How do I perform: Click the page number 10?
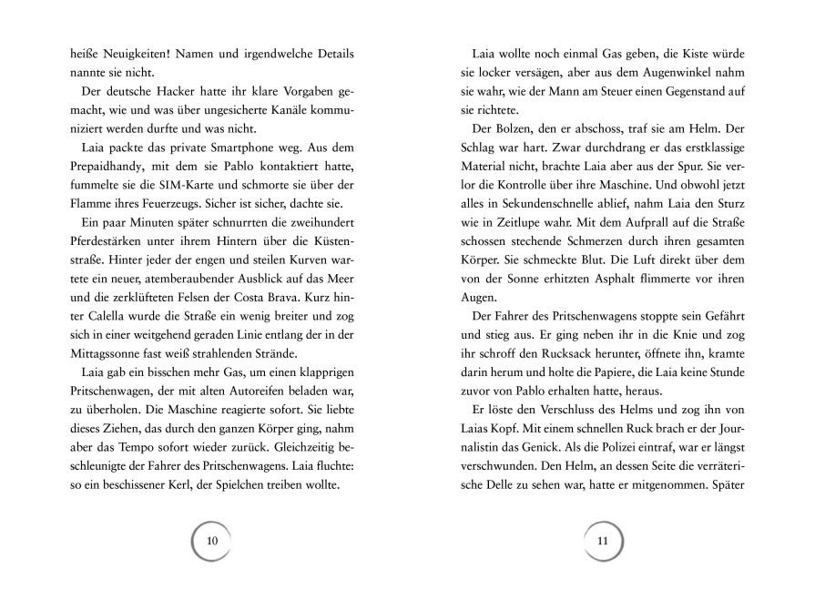(213, 541)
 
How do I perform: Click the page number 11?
(601, 541)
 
